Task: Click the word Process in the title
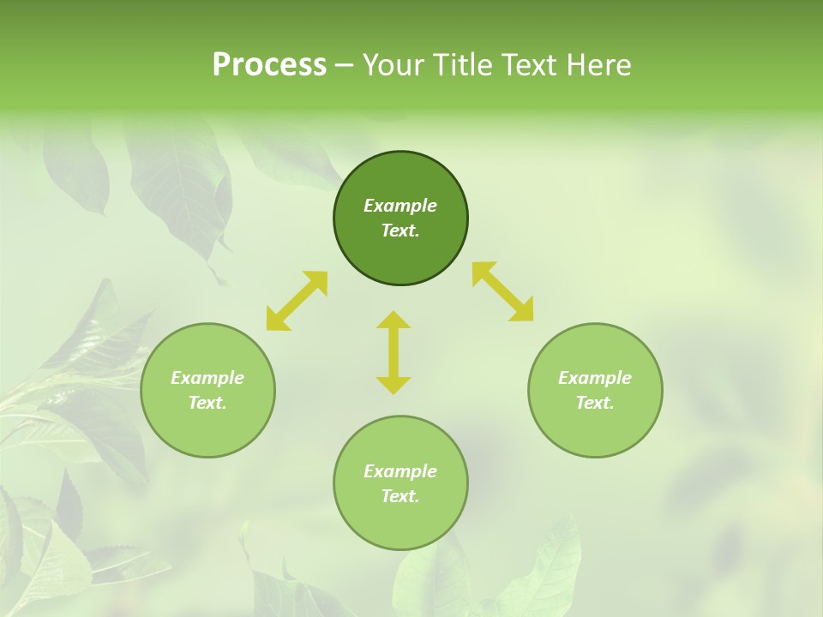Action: point(269,65)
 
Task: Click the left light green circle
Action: point(207,428)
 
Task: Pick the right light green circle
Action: point(595,428)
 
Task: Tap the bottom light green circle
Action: point(400,523)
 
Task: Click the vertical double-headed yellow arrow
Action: point(393,352)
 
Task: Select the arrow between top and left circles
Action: point(297,301)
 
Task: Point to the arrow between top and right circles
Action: point(503,291)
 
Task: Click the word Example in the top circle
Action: point(400,206)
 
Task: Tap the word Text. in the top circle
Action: point(400,231)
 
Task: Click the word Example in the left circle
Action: point(207,378)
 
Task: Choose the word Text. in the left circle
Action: point(207,403)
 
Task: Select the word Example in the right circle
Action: point(595,378)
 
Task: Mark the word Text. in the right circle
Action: point(595,403)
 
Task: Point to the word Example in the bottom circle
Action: point(400,471)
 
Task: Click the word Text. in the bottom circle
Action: point(400,496)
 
